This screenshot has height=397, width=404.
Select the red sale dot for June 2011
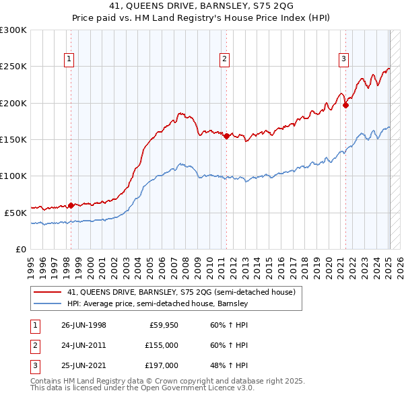coord(226,136)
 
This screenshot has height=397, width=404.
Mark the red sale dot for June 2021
coord(345,105)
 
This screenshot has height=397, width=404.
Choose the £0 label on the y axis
coord(20,249)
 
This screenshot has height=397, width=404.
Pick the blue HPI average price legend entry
coord(158,304)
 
